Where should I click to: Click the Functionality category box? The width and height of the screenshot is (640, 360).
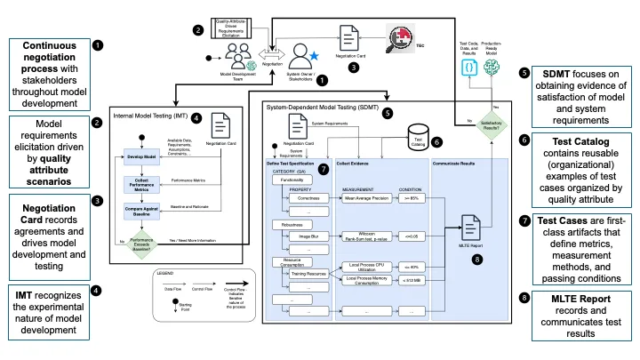point(291,179)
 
